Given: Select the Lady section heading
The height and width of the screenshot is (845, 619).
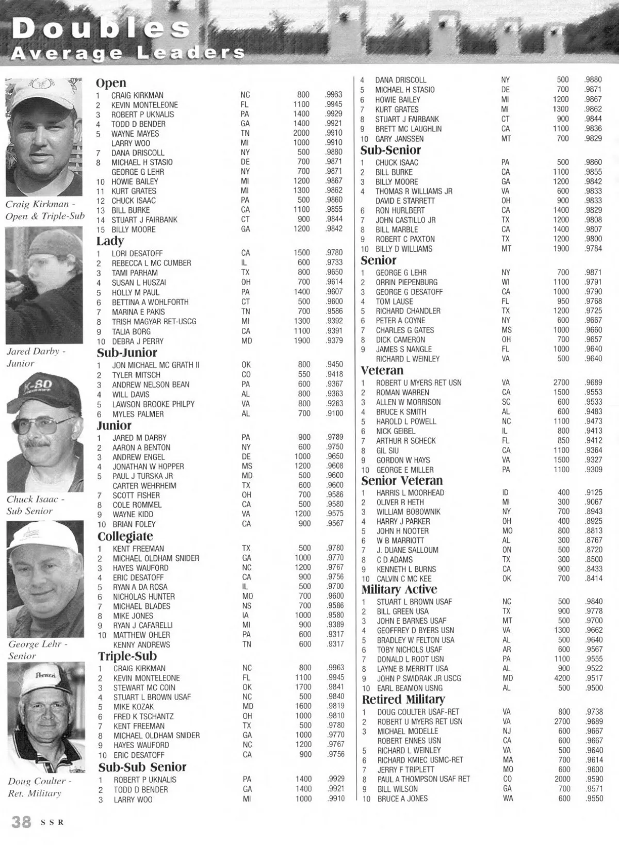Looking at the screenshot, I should coord(110,241).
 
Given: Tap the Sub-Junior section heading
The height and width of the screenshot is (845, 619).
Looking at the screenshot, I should coord(127,353).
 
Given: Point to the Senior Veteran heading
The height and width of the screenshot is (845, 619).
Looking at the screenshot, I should coord(402,481).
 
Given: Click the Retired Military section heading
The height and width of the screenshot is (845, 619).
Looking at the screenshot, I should coord(403,699).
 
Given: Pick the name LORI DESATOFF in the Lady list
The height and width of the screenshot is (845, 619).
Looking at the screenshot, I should coord(137,253).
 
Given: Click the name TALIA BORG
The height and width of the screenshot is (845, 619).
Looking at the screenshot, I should coord(132,332).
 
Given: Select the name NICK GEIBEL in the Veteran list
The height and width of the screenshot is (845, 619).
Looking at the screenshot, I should coord(396,431).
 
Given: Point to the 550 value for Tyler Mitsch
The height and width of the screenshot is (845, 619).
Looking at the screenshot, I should coord(304,374).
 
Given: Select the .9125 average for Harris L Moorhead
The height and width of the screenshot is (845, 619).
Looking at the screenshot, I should coord(594,492).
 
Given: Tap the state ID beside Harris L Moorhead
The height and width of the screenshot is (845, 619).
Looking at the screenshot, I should coord(505,492).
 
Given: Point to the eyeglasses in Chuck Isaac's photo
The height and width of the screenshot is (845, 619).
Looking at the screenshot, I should coord(43,426).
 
